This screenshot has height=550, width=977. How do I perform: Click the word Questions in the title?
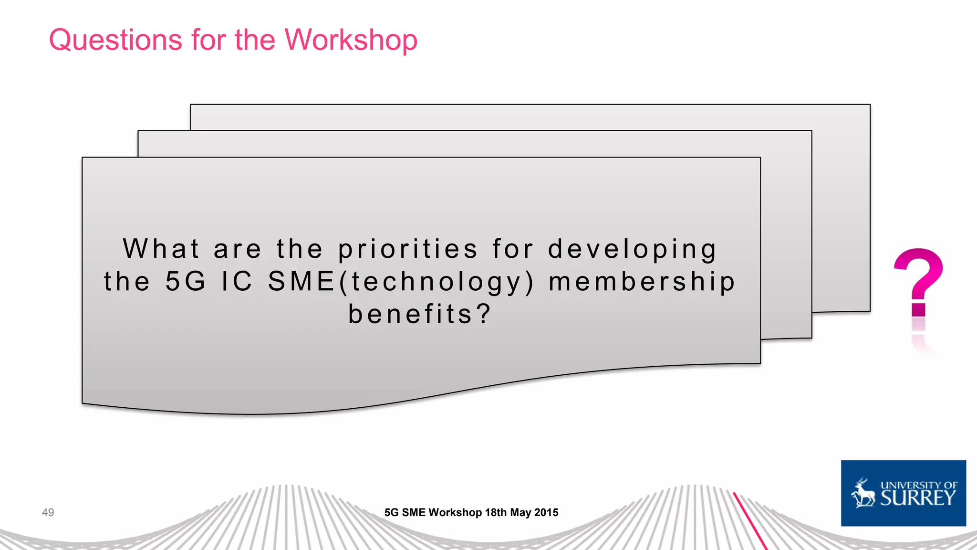point(115,40)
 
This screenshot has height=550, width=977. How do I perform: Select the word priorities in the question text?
point(408,249)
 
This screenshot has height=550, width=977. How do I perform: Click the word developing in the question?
point(632,249)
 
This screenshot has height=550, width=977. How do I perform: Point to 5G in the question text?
point(186,281)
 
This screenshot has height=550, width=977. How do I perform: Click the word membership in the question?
point(642,281)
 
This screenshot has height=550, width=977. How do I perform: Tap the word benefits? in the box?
point(419,314)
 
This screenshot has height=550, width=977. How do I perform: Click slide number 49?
point(48,513)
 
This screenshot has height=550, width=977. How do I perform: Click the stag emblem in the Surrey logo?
point(863,494)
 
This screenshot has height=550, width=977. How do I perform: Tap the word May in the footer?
point(520,513)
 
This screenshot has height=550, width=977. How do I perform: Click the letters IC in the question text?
point(237,281)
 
